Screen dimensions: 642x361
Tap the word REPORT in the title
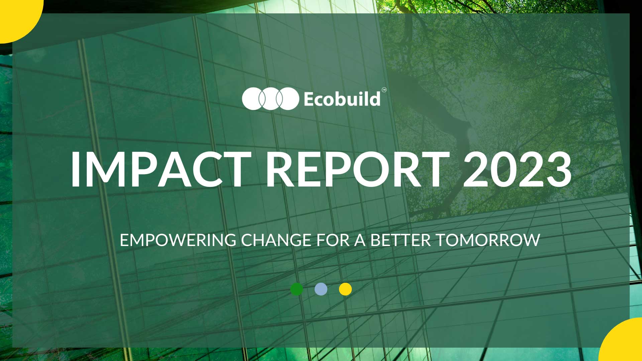pyautogui.click(x=357, y=169)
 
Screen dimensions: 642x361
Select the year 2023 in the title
pyautogui.click(x=517, y=169)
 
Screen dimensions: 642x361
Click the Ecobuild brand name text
pyautogui.click(x=342, y=99)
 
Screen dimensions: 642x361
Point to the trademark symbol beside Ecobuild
pyautogui.click(x=384, y=90)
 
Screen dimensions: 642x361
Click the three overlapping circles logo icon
pyautogui.click(x=271, y=99)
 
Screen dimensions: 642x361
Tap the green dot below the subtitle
pyautogui.click(x=297, y=289)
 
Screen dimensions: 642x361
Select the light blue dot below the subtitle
pyautogui.click(x=321, y=289)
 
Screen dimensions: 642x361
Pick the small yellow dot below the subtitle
pyautogui.click(x=345, y=289)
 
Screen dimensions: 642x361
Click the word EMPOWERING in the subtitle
pyautogui.click(x=178, y=240)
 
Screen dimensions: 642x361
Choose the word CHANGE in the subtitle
pyautogui.click(x=276, y=240)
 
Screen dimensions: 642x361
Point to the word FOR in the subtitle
pyautogui.click(x=333, y=240)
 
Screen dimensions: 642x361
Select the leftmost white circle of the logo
pyautogui.click(x=252, y=99)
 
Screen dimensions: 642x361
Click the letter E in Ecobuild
pyautogui.click(x=309, y=99)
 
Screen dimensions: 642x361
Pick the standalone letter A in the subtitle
pyautogui.click(x=360, y=240)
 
